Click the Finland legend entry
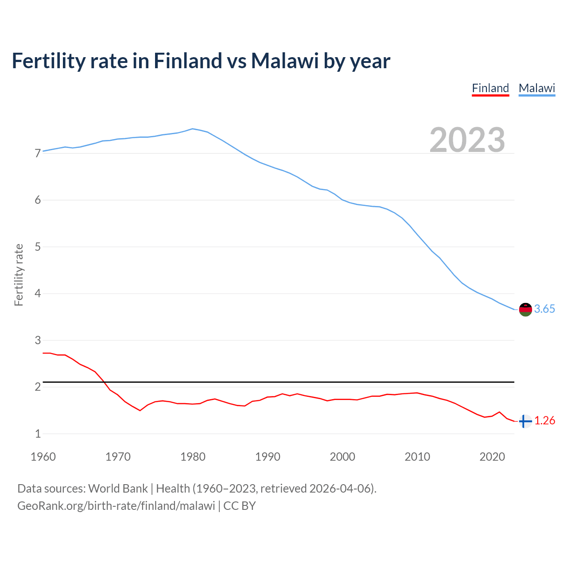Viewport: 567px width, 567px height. click(490, 88)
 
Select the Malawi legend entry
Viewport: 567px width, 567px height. click(537, 88)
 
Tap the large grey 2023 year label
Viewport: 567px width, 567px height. click(467, 140)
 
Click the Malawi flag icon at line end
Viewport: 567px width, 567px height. click(525, 309)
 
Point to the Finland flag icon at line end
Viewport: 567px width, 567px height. click(525, 421)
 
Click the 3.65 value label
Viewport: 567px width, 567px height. click(544, 309)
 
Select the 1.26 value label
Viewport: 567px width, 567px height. click(544, 421)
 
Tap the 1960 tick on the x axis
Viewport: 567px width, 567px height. click(43, 457)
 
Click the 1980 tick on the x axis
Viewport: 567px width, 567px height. click(193, 457)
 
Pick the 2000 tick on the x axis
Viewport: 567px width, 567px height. click(342, 457)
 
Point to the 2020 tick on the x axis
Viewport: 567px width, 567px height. click(492, 457)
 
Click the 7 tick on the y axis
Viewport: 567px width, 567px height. click(38, 153)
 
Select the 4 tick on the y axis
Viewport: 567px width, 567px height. click(38, 293)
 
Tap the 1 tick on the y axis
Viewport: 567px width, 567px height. click(38, 434)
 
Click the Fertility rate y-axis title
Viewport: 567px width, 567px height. click(19, 275)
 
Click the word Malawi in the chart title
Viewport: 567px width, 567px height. click(285, 61)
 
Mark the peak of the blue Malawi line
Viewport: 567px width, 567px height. click(192, 129)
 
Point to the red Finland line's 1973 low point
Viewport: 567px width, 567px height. click(140, 411)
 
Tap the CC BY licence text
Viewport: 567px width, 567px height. click(240, 506)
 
